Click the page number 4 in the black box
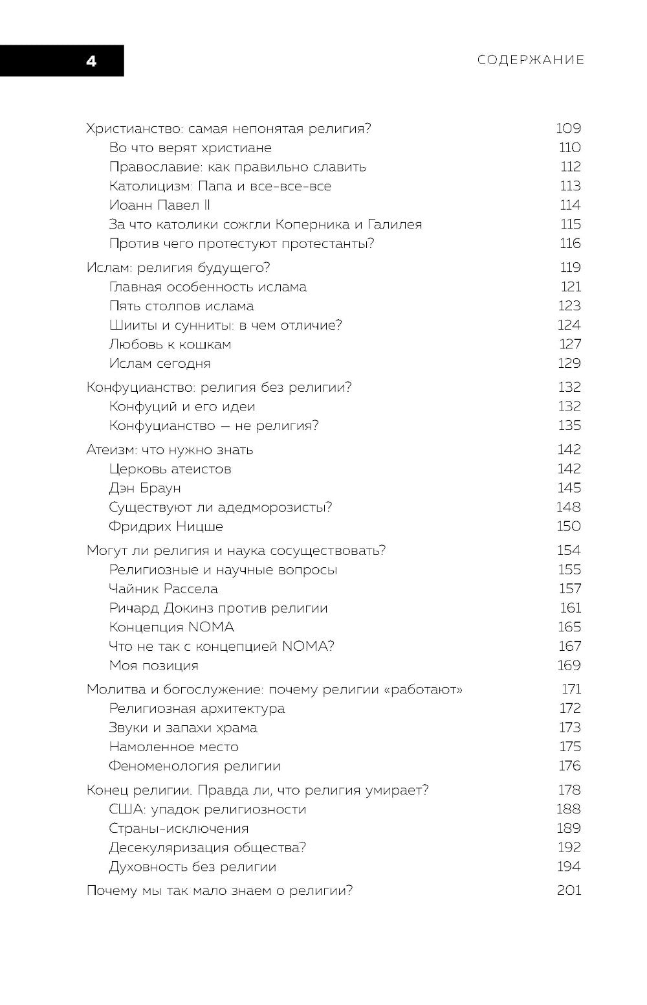point(91,62)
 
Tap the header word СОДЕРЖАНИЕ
point(531,60)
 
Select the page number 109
point(569,128)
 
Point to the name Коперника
point(313,225)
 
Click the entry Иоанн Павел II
point(160,205)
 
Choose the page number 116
point(571,243)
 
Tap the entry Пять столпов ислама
point(181,306)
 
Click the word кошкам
point(205,344)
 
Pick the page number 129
point(569,363)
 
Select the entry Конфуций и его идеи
point(182,407)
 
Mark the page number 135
point(569,425)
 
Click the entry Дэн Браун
point(145,488)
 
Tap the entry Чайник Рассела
point(163,589)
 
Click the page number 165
point(569,627)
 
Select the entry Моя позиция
point(153,665)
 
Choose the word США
point(125,809)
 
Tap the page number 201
point(569,890)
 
